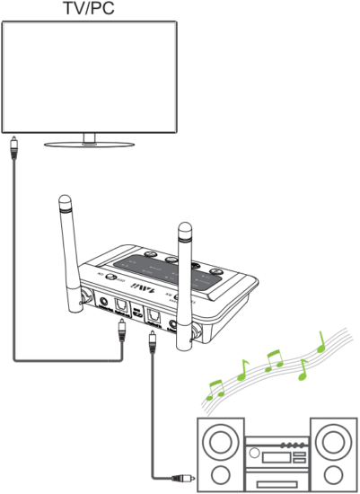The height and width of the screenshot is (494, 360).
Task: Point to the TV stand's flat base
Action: pos(89,144)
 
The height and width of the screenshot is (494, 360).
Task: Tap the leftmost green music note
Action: pos(215,387)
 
